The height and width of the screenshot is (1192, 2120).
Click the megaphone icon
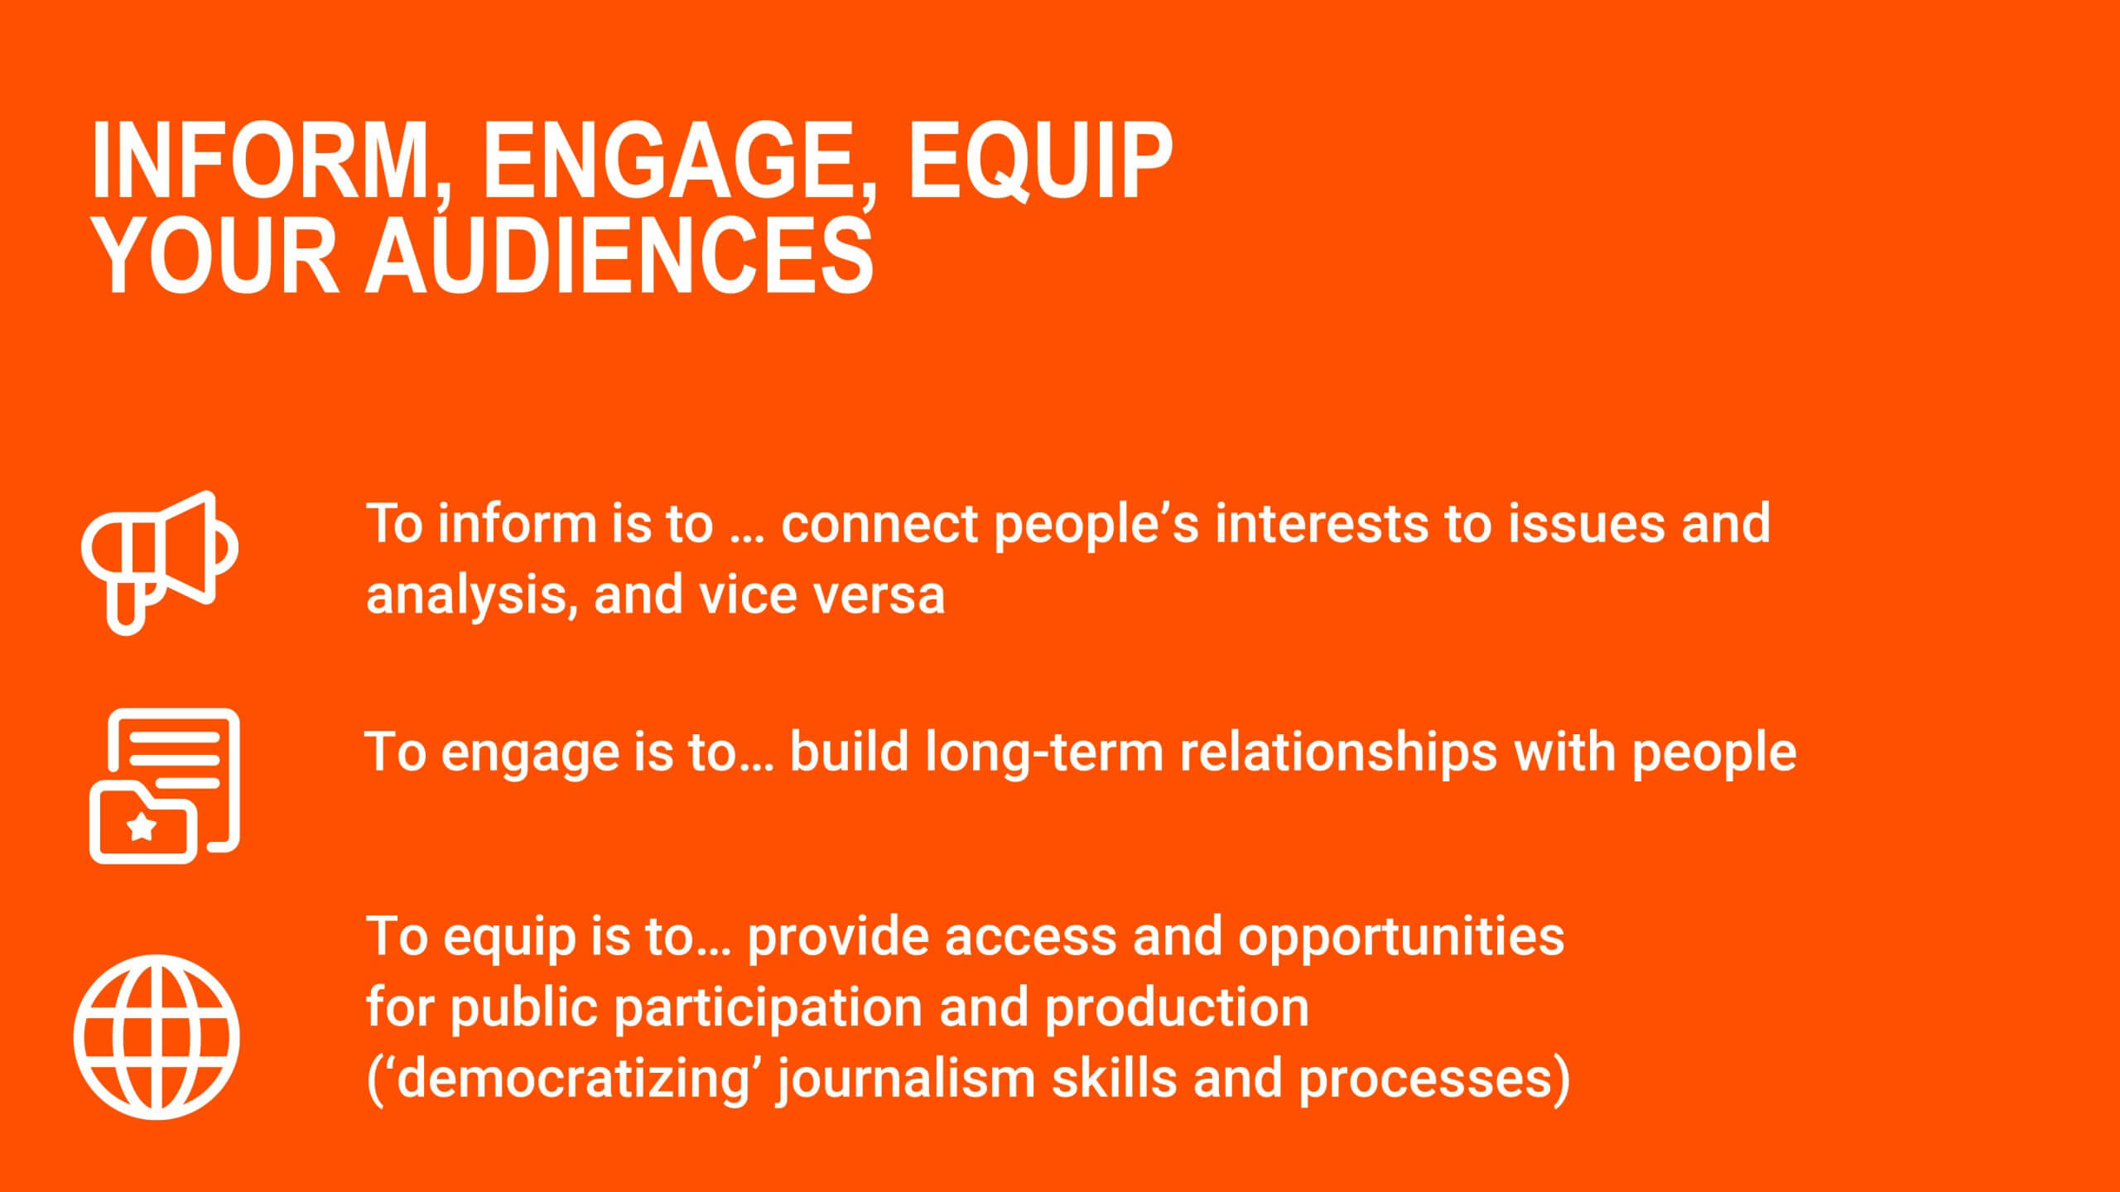(160, 562)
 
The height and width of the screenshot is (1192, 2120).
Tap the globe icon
(157, 1036)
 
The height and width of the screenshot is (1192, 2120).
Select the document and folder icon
(164, 786)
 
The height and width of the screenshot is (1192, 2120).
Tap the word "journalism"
(908, 1079)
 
